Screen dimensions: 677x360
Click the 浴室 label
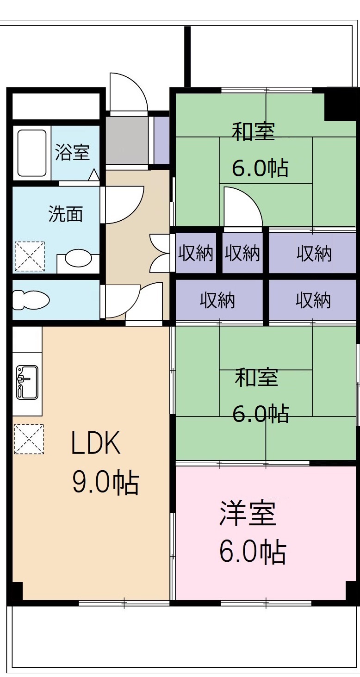click(x=72, y=152)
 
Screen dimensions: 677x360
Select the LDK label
click(x=96, y=443)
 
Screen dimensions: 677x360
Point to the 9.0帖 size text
click(x=105, y=483)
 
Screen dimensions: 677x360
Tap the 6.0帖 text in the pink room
click(x=252, y=552)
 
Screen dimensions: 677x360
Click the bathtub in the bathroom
click(x=32, y=153)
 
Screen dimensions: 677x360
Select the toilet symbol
click(x=31, y=299)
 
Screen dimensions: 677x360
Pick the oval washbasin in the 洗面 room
click(x=78, y=258)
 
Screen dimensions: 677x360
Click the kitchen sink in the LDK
click(x=27, y=382)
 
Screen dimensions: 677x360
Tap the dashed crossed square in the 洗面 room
click(x=30, y=256)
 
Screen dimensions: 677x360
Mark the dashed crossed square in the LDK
click(x=29, y=439)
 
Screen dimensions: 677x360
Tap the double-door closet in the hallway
click(x=160, y=253)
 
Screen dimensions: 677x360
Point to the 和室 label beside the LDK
click(x=256, y=377)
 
